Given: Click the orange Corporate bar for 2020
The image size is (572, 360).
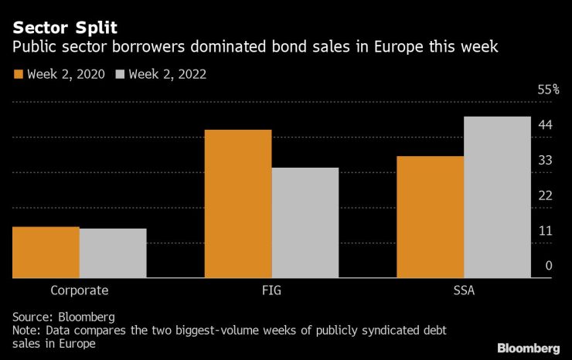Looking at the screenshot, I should tap(46, 252).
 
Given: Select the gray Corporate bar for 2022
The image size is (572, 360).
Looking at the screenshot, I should tap(113, 253).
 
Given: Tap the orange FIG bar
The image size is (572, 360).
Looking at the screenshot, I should tap(238, 204).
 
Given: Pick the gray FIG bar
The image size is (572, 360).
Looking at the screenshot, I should tap(305, 222).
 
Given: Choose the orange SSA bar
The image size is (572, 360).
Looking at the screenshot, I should tap(431, 217).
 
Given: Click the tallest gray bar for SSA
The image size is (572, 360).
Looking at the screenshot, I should tap(497, 197).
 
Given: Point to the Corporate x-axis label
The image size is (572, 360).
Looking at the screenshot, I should tap(79, 291).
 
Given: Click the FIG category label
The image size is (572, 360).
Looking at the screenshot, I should tap(271, 291).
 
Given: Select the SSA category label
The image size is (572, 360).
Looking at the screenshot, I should tap(464, 291).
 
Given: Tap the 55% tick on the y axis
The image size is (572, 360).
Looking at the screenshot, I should tap(548, 90).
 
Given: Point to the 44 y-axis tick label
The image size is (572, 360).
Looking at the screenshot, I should tap(545, 125).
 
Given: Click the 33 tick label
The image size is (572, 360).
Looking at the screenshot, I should tap(545, 161).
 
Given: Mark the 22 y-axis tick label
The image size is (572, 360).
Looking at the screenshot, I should tap(545, 195).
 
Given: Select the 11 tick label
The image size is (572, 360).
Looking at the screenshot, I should tap(545, 231).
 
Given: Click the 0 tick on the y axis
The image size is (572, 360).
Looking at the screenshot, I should tap(549, 266).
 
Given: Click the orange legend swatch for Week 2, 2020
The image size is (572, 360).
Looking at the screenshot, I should tap(18, 75).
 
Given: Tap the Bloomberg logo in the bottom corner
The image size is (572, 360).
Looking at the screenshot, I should tap(528, 348).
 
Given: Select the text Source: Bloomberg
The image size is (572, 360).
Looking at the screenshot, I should tap(63, 317).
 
